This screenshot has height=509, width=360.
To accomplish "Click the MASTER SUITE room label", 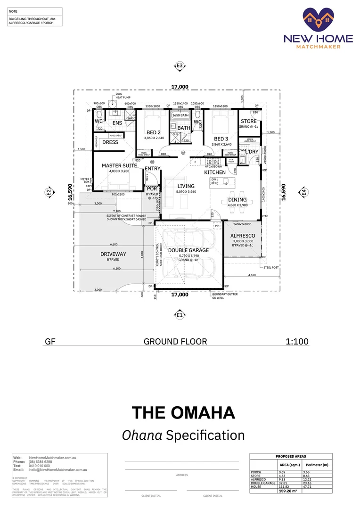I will click(119, 166).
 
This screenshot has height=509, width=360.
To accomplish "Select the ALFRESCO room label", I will click(243, 236).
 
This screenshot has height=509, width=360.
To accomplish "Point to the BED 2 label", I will click(153, 132).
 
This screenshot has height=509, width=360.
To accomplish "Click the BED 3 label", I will click(221, 139).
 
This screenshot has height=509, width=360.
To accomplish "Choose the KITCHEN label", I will click(215, 172).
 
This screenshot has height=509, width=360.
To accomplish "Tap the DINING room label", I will click(237, 200).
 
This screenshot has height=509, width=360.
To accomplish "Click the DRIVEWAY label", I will click(113, 254).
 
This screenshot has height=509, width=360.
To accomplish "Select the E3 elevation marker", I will click(180, 66).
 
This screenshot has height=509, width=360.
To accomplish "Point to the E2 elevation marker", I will click(49, 192).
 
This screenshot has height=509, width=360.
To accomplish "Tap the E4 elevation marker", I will click(304, 192).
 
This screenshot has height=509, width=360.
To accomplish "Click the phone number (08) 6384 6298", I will click(41, 462).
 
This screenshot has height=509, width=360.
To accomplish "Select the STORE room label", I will click(249, 121).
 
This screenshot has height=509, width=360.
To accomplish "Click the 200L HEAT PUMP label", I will click(122, 96).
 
